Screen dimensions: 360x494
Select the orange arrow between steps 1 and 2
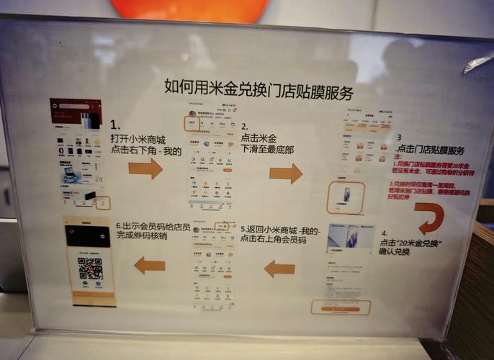(x=145, y=169)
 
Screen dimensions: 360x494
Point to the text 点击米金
(x=258, y=137)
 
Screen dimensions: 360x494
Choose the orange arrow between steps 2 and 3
(x=286, y=174)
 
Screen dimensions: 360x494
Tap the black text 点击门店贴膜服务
(x=431, y=150)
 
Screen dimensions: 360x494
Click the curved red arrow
(x=431, y=217)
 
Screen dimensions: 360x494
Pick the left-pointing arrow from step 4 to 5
(x=279, y=269)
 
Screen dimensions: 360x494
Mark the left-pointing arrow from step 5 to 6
(x=149, y=265)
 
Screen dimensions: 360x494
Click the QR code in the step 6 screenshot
(x=91, y=268)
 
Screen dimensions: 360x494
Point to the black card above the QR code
(x=89, y=236)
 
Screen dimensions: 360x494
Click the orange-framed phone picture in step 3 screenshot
(x=345, y=197)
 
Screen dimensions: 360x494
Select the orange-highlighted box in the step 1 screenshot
(x=103, y=203)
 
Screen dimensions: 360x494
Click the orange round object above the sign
(x=189, y=9)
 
